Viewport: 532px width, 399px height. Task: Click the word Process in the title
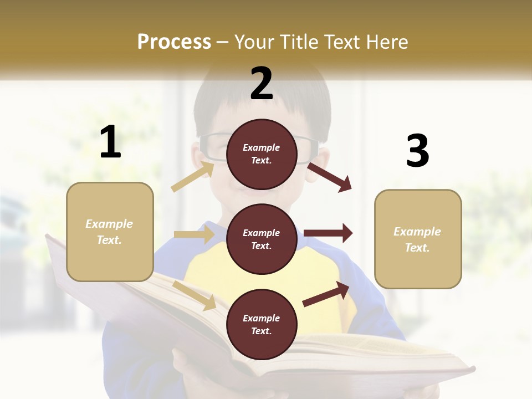click(174, 42)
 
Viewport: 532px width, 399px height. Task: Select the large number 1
click(110, 142)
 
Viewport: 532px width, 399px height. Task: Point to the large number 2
click(262, 84)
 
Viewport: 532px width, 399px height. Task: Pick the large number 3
click(417, 151)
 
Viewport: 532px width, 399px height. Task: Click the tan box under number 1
click(110, 232)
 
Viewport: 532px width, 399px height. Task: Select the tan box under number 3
click(418, 239)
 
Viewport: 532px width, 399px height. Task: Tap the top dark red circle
click(262, 154)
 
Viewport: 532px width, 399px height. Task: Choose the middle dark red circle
click(262, 239)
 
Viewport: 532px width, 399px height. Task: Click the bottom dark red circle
click(262, 324)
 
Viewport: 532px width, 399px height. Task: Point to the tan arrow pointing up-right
click(193, 176)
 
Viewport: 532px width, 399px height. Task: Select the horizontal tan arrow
click(194, 234)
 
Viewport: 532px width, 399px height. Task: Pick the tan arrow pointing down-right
click(195, 295)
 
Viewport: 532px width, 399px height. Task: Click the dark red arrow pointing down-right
click(330, 177)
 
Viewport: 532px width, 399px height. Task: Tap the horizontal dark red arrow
click(328, 233)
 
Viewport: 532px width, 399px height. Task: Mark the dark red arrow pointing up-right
click(326, 294)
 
